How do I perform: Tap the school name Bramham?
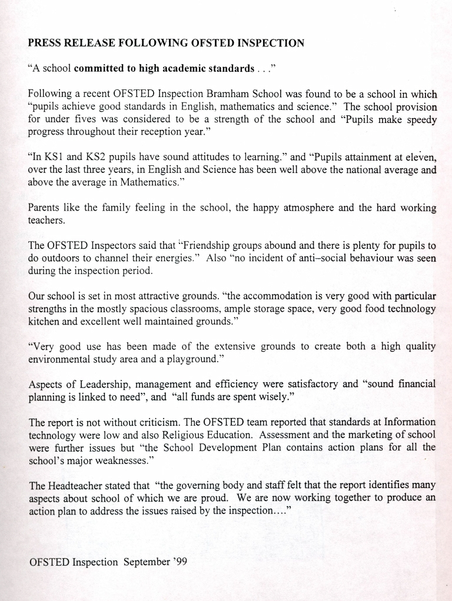coord(227,94)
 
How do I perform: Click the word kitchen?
coord(44,322)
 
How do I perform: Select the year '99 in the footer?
coord(178,562)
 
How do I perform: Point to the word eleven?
coord(419,157)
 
